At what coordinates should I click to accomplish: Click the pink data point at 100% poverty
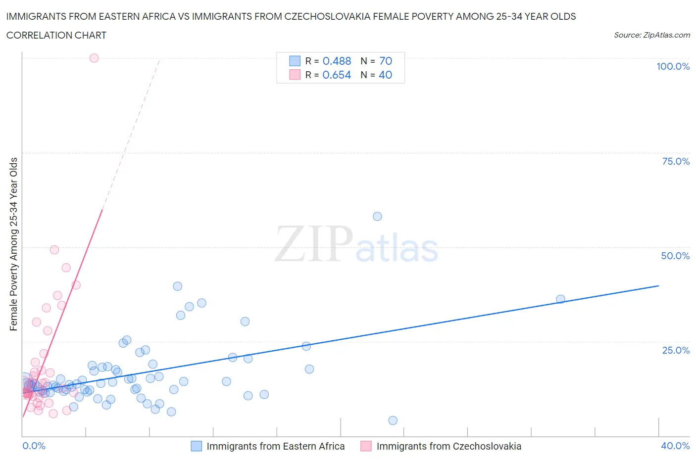[x=94, y=58]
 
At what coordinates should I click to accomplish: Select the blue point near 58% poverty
[x=377, y=216]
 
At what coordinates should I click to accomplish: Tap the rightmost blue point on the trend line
[x=560, y=299]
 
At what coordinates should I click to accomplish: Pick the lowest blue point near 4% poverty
[x=393, y=420]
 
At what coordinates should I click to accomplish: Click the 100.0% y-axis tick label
[x=673, y=67]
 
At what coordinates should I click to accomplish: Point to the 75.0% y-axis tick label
[x=676, y=161]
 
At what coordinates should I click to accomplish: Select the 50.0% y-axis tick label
[x=675, y=256]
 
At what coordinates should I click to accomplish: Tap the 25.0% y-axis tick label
[x=676, y=350]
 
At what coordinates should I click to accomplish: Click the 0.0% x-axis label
[x=34, y=446]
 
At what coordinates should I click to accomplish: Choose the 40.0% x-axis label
[x=675, y=446]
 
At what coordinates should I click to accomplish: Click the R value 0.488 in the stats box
[x=337, y=61]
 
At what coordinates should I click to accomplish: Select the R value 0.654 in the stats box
[x=337, y=75]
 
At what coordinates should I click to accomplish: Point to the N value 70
[x=386, y=61]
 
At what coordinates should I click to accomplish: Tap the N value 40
[x=385, y=75]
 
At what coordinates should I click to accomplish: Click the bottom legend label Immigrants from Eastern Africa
[x=275, y=446]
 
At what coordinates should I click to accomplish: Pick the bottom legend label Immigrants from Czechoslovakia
[x=448, y=446]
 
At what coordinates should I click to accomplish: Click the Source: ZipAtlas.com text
[x=651, y=35]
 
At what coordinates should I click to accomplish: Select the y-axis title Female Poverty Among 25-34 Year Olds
[x=13, y=244]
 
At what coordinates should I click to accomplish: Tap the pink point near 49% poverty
[x=54, y=250]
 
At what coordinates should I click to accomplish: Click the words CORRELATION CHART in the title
[x=56, y=35]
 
